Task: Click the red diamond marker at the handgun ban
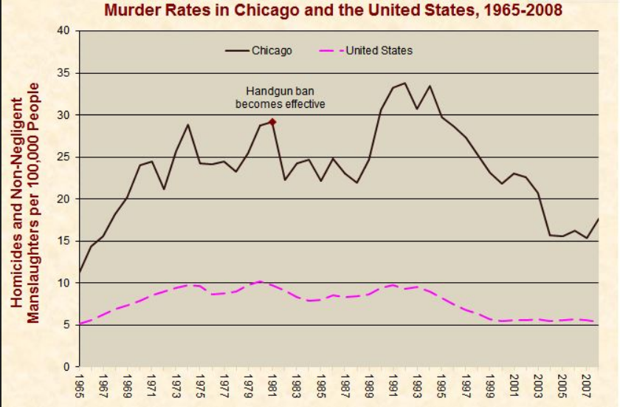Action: [x=272, y=122]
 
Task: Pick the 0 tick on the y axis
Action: [x=66, y=366]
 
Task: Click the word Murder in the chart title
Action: [x=128, y=10]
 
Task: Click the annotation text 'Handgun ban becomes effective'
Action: [x=280, y=97]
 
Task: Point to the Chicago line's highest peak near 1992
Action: [x=404, y=83]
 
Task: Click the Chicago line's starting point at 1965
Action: [x=79, y=272]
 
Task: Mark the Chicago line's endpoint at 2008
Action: [x=597, y=219]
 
